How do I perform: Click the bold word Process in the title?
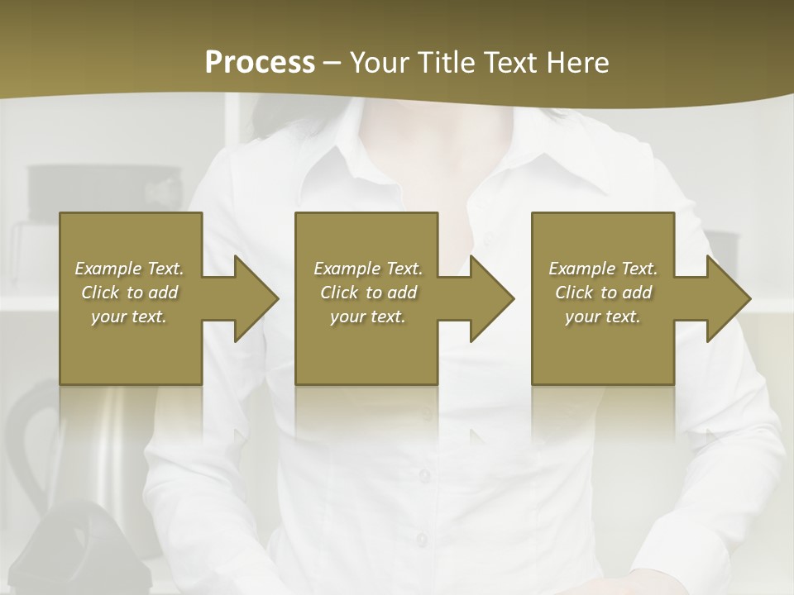[x=260, y=62]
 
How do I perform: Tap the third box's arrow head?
[x=727, y=298]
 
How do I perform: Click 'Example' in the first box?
[x=108, y=269]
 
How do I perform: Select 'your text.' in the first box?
[x=129, y=317]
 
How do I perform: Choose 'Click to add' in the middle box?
[x=368, y=293]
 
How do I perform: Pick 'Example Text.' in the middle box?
[x=368, y=269]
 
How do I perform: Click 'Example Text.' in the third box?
[x=603, y=269]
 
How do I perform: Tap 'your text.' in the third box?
[x=603, y=317]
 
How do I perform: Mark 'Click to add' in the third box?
[x=603, y=293]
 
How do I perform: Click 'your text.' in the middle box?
[x=368, y=317]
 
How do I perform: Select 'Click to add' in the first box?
[x=129, y=293]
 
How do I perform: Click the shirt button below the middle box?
[x=423, y=475]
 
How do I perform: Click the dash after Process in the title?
[x=332, y=63]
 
